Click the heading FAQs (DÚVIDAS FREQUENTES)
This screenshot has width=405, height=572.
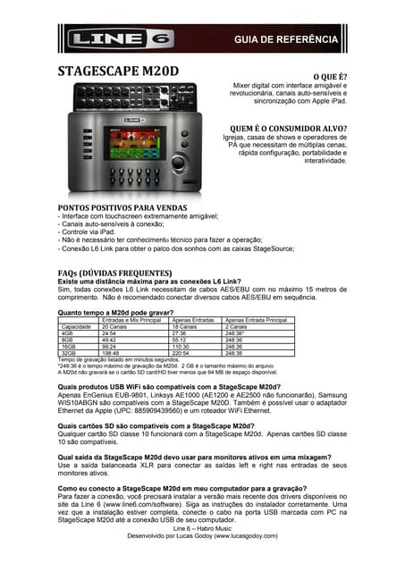[x=114, y=273]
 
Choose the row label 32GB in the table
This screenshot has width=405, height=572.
[x=68, y=353]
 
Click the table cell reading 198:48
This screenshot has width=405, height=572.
[x=111, y=353]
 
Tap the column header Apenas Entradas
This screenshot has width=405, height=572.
[x=193, y=320]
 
